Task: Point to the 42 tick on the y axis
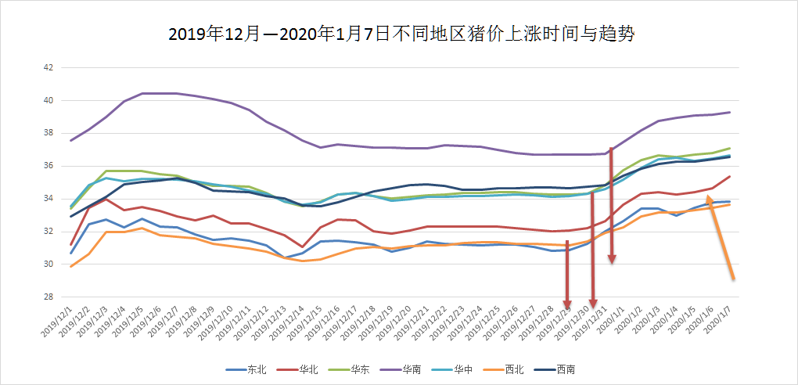click(x=48, y=68)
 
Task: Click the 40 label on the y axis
click(x=48, y=101)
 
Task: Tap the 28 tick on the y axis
click(x=48, y=297)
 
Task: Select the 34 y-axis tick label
click(x=48, y=199)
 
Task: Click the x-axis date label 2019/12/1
click(x=58, y=321)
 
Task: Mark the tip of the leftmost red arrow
click(x=568, y=307)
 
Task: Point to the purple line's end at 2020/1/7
click(x=730, y=112)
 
